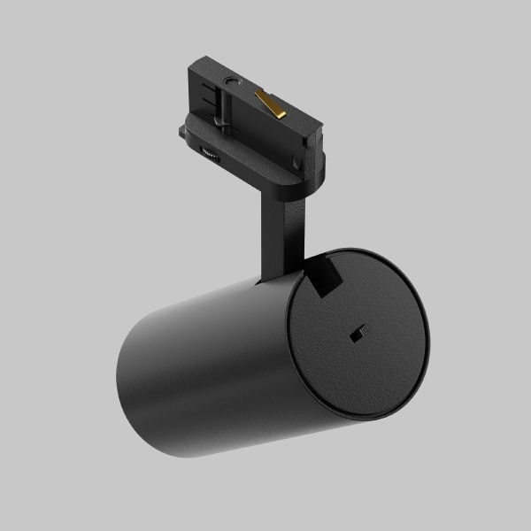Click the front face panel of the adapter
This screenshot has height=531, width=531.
click(257, 124)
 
